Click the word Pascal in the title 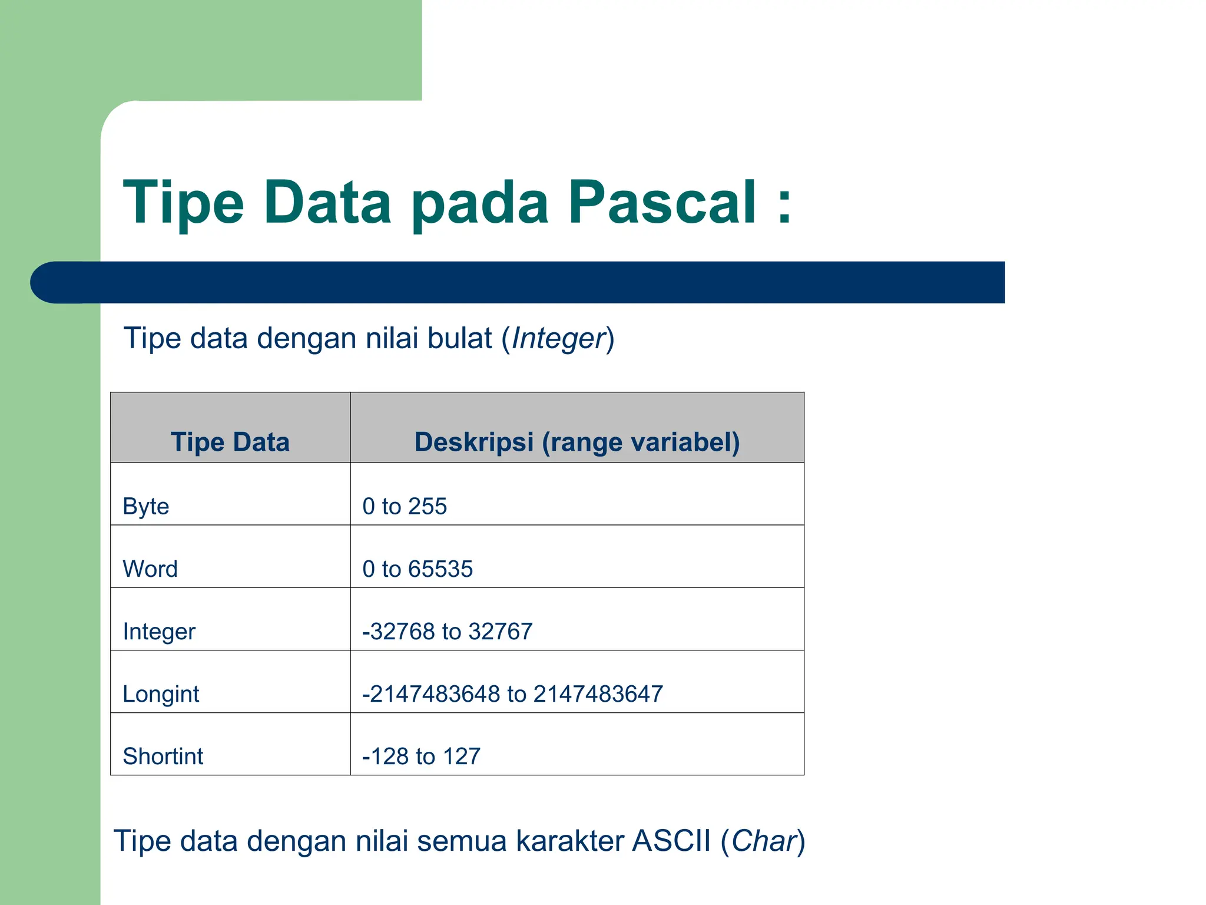662,203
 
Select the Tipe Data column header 230,442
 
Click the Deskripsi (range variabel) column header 577,442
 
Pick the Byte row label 146,507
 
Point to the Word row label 150,569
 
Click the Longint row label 161,695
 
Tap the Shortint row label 163,757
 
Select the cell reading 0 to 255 405,507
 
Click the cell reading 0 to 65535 418,569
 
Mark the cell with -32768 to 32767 448,632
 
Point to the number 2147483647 598,694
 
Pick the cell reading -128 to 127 422,757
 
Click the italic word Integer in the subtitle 558,339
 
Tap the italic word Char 763,841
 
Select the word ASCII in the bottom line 671,841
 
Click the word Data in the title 327,203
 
